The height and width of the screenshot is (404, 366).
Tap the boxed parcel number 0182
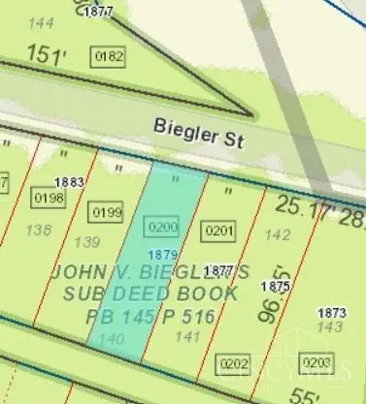(x=109, y=57)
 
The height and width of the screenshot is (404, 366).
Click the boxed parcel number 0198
(x=49, y=199)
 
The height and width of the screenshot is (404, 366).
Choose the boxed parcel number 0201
(x=218, y=231)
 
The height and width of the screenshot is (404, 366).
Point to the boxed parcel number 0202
(x=234, y=364)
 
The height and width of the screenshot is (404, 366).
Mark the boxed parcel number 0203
(x=316, y=361)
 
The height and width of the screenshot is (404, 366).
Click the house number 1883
(x=69, y=181)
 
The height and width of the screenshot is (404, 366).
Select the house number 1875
(x=276, y=287)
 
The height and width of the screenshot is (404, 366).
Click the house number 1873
(x=332, y=312)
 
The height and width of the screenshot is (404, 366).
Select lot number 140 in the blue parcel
(x=112, y=338)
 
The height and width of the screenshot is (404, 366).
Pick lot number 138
(x=39, y=230)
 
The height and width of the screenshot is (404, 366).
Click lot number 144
(x=42, y=21)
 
